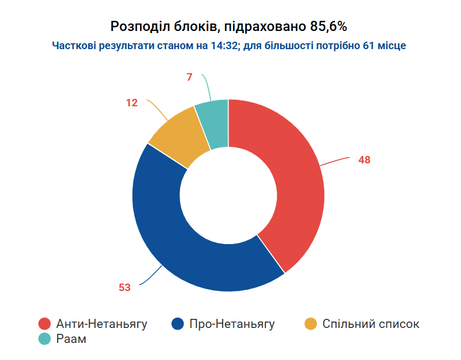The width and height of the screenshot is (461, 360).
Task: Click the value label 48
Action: [x=364, y=160]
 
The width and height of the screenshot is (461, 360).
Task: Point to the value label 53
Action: [x=124, y=287]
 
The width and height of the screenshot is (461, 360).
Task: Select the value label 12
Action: [x=132, y=103]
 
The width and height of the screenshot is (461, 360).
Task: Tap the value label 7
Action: [x=189, y=77]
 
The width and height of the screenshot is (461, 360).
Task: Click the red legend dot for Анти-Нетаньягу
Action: [x=45, y=324]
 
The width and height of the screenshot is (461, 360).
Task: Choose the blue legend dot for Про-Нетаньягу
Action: [x=177, y=324]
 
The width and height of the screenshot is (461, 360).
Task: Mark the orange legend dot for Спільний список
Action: [x=310, y=324]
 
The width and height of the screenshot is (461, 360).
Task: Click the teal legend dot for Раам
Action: [x=45, y=339]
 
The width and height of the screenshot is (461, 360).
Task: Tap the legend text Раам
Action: [x=71, y=339]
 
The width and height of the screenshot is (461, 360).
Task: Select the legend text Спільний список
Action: [x=371, y=324]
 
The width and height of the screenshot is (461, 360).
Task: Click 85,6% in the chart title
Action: [x=329, y=27]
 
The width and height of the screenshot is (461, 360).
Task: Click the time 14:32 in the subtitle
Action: [x=224, y=45]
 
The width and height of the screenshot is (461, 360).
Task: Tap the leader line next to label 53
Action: [x=151, y=276]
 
